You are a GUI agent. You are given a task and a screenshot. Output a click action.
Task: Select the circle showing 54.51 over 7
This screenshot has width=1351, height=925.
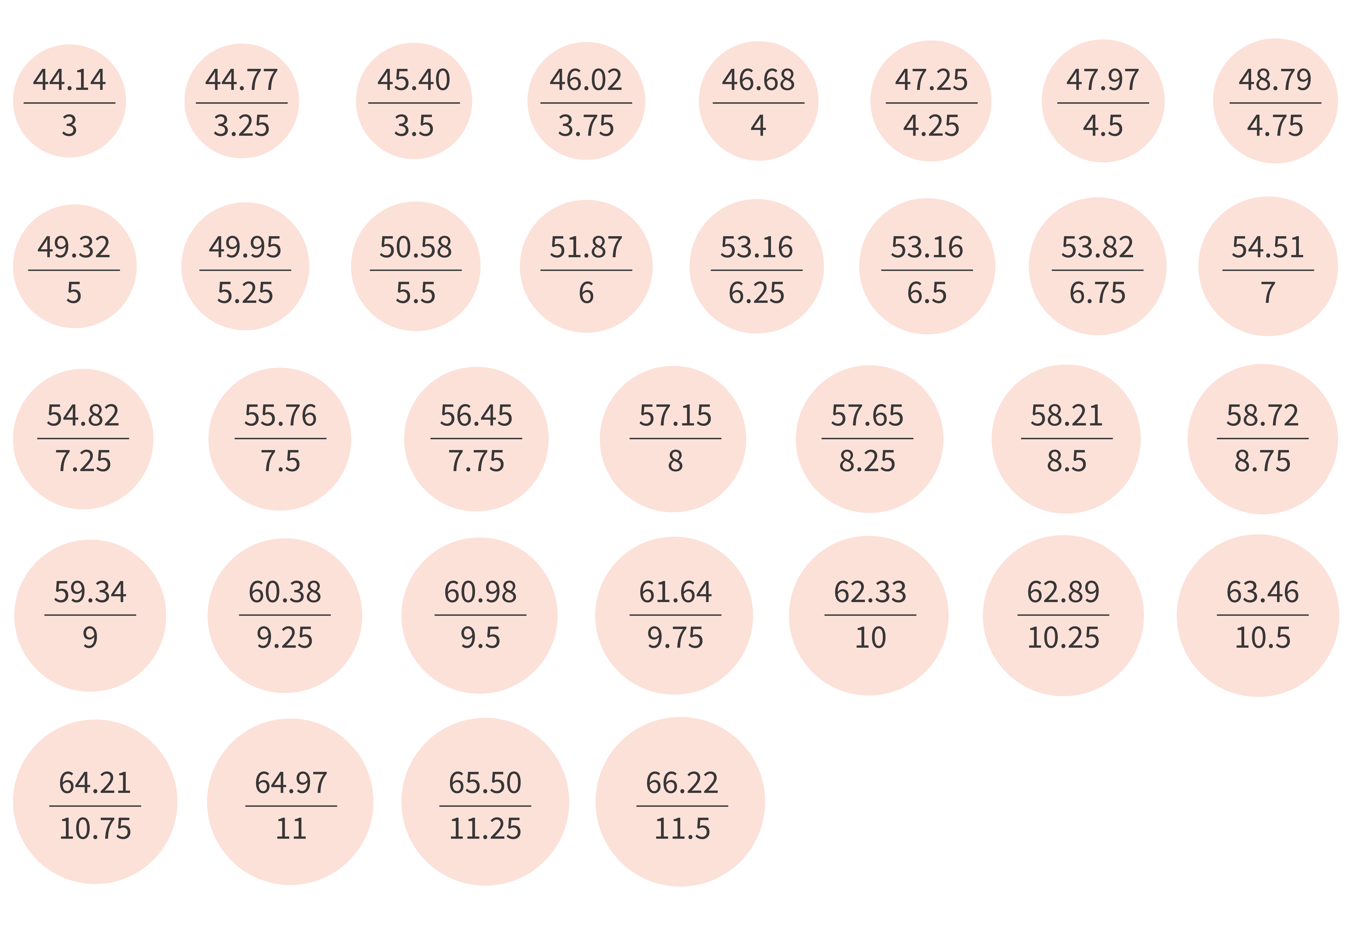tap(1268, 266)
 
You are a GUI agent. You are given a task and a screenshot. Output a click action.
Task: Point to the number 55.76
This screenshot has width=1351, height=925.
tap(280, 416)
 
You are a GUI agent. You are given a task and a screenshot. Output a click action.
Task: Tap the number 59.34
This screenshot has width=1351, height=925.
tap(90, 592)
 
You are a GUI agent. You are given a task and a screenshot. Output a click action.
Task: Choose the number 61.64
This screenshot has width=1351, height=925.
tap(675, 592)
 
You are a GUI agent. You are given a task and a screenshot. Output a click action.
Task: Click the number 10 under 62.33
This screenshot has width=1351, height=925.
tap(870, 638)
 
